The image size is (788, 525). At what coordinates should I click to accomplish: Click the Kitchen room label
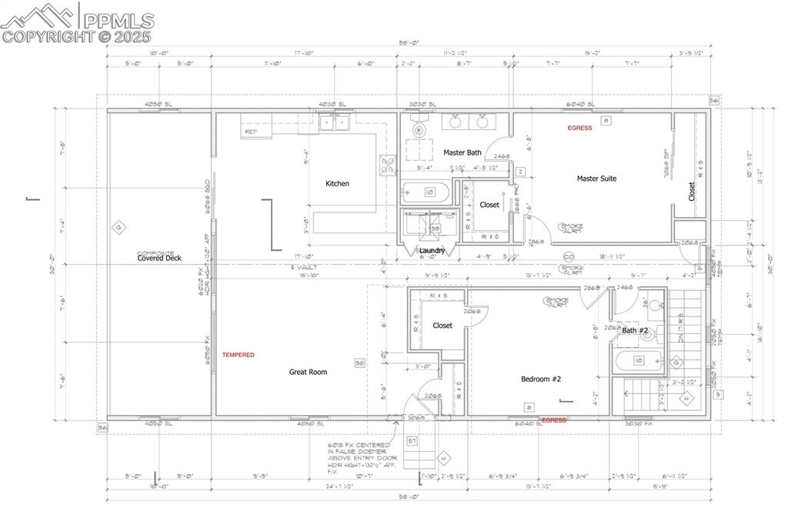pyautogui.click(x=337, y=183)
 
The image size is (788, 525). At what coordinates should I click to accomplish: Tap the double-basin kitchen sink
pyautogui.click(x=334, y=122)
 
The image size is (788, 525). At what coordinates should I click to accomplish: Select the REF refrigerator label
pyautogui.click(x=251, y=132)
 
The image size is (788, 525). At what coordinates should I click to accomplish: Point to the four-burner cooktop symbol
pyautogui.click(x=388, y=163)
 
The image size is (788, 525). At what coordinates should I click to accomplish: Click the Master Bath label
pyautogui.click(x=462, y=152)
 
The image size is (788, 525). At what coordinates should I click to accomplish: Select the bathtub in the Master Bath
pyautogui.click(x=425, y=192)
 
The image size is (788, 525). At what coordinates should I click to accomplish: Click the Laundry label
pyautogui.click(x=432, y=250)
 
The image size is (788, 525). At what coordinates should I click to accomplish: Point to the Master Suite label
pyautogui.click(x=596, y=179)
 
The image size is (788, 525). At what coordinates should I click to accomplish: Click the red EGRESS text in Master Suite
pyautogui.click(x=579, y=128)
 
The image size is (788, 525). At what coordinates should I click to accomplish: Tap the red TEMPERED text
pyautogui.click(x=238, y=355)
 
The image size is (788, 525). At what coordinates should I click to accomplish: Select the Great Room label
pyautogui.click(x=308, y=372)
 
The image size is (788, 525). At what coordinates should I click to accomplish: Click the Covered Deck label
pyautogui.click(x=159, y=258)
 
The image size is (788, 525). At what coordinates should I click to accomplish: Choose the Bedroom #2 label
pyautogui.click(x=542, y=379)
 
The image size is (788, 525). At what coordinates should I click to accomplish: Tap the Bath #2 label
pyautogui.click(x=636, y=330)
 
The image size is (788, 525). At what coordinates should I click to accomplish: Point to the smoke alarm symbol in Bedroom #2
pyautogui.click(x=556, y=302)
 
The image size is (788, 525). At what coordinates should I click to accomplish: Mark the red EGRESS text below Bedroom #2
pyautogui.click(x=554, y=420)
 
